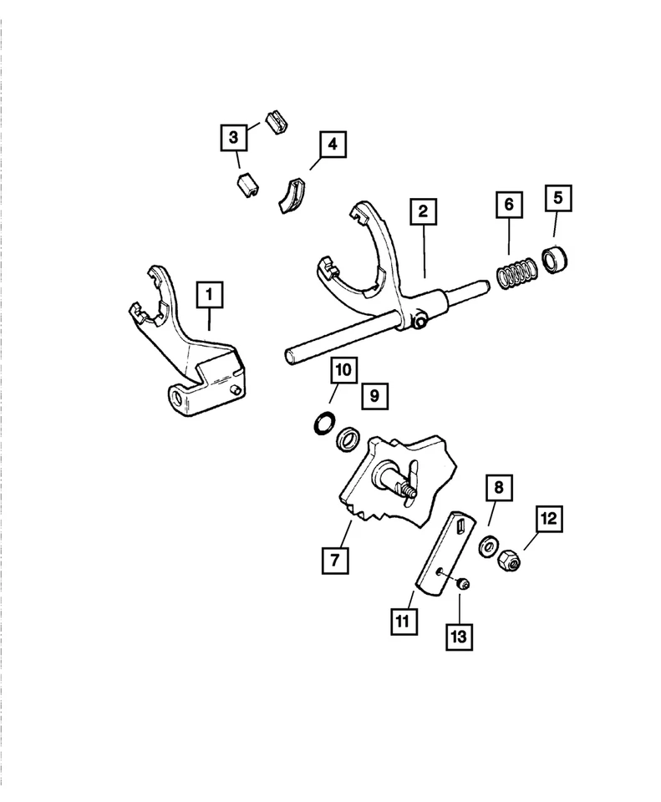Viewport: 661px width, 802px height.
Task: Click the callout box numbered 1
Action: click(210, 294)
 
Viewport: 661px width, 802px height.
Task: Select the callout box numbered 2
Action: click(424, 212)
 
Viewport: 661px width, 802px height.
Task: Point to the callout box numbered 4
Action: click(332, 145)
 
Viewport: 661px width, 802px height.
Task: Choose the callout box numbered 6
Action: click(508, 204)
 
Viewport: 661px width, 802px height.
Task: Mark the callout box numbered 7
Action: click(333, 560)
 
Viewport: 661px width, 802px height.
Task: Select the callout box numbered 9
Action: click(375, 396)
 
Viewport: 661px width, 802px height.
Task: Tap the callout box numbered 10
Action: click(343, 368)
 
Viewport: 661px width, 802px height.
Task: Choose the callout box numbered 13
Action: click(460, 636)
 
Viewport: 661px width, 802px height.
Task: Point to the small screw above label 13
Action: click(462, 583)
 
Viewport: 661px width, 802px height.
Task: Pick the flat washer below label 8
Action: click(486, 548)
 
